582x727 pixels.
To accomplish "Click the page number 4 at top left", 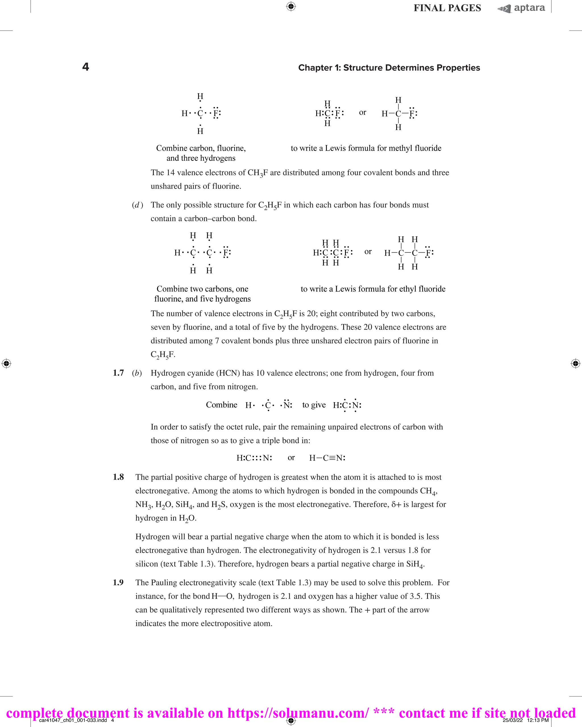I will point(86,67).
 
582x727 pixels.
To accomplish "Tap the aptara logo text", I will point(529,8).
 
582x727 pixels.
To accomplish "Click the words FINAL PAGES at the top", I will point(447,8).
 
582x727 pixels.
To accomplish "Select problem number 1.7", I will point(118,373).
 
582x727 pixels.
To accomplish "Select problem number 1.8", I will point(118,477).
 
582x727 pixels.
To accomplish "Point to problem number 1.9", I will point(118,582).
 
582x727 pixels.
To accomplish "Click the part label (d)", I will point(137,205).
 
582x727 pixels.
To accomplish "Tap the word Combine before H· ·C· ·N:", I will point(221,405).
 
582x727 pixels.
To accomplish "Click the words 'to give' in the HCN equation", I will point(314,405).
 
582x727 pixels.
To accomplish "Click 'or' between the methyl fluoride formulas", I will point(362,112).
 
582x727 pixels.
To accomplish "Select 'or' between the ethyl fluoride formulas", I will point(368,252).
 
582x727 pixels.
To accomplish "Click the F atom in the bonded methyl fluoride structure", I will point(411,114).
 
